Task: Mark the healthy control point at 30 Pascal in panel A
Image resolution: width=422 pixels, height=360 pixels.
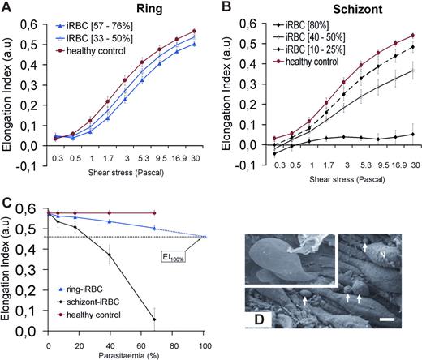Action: [x=199, y=32]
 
